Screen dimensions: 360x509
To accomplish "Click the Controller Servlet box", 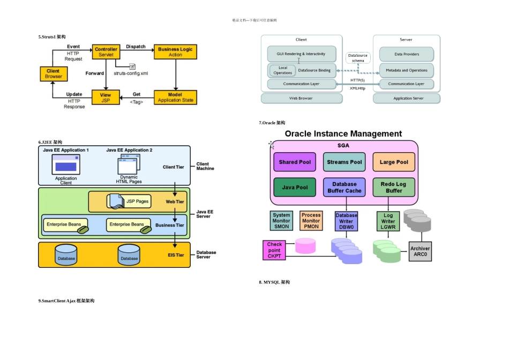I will [106, 52].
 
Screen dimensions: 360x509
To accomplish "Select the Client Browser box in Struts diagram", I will [54, 74].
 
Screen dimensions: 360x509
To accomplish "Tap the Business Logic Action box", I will [175, 52].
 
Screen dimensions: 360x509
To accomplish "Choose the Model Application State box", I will [175, 97].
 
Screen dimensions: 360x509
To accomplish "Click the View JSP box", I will [106, 97].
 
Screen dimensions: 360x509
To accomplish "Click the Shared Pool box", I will [295, 162].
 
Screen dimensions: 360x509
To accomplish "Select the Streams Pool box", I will [345, 162].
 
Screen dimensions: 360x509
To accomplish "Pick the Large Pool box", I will [394, 162].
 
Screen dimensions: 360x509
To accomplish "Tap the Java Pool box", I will [295, 187].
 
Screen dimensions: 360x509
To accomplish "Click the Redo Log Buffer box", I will [394, 187].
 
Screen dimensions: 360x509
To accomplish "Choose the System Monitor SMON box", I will [282, 221].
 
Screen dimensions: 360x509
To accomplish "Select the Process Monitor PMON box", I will [311, 221].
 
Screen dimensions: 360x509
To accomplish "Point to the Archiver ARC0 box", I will [420, 251].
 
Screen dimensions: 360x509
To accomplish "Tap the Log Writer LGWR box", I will [388, 221].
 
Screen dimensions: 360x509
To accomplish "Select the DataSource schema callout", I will [358, 58].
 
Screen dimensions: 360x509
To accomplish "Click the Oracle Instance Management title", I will [343, 134].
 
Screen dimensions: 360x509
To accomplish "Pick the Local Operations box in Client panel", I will [283, 70].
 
